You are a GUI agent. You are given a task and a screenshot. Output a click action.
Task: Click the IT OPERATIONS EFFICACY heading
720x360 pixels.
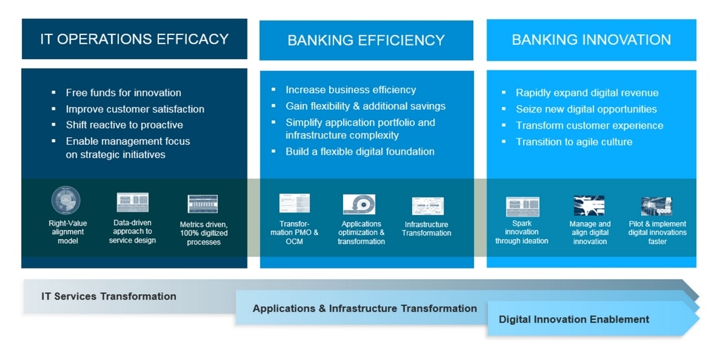134,39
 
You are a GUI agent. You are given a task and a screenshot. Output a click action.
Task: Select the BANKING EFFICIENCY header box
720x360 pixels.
366,40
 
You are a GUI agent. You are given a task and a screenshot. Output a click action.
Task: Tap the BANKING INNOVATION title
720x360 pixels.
591,39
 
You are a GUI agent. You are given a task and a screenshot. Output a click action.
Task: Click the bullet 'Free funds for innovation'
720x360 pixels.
124,93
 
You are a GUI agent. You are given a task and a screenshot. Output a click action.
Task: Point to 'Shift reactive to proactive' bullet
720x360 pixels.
124,125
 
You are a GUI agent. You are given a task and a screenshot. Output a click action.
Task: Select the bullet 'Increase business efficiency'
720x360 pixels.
351,90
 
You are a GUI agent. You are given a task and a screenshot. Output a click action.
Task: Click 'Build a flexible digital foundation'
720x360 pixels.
360,152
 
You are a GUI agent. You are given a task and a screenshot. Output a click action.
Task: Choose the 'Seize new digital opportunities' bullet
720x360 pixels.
586,109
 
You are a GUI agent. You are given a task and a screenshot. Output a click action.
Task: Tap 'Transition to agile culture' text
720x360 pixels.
574,142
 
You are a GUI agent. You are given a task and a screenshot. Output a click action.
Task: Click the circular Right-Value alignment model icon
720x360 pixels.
66,200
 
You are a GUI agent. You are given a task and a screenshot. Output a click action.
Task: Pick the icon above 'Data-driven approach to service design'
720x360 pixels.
133,202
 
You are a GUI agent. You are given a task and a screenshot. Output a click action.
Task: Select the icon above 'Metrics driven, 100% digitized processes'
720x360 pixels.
202,204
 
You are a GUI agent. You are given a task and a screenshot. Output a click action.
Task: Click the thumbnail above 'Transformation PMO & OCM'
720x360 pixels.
295,203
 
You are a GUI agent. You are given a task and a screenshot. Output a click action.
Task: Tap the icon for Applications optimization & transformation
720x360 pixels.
359,205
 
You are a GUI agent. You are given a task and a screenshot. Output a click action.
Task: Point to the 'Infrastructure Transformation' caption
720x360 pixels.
427,229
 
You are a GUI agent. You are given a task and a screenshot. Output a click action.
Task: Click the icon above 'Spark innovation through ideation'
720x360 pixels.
522,207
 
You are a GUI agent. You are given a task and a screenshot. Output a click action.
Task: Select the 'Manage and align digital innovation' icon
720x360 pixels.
589,206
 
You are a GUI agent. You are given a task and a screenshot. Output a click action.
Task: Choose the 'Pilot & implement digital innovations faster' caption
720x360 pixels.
657,233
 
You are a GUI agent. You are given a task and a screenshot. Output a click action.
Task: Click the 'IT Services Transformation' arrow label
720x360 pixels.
109,297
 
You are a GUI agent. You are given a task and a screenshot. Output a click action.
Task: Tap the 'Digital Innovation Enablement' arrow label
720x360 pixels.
574,320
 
